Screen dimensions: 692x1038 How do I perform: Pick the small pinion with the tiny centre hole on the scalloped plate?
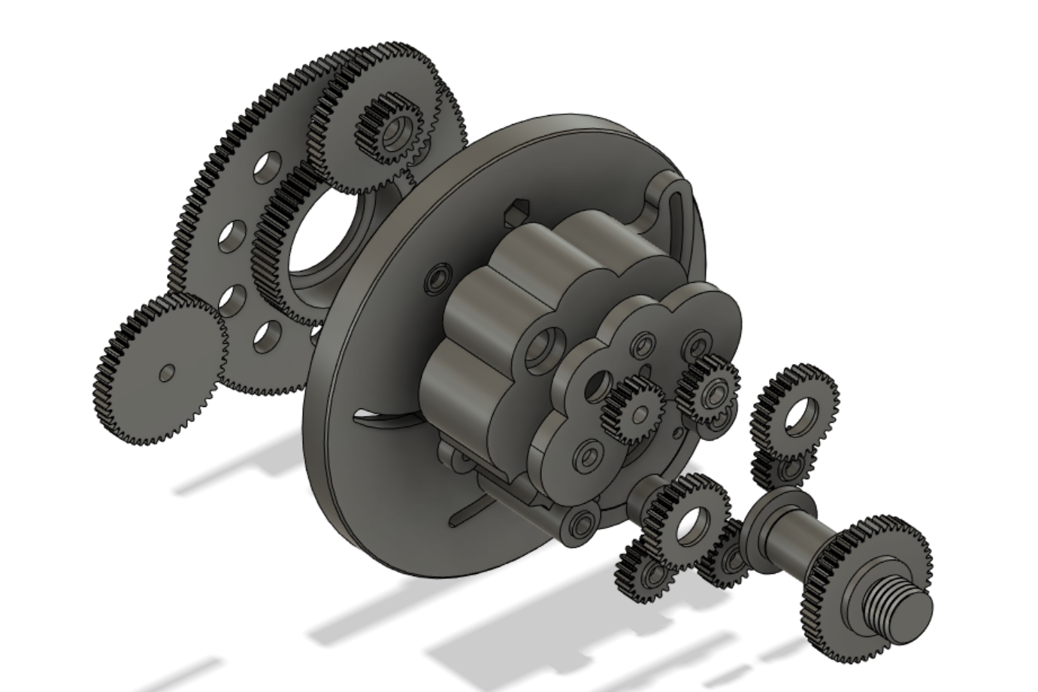point(635,411)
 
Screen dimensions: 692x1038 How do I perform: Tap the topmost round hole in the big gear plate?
point(263,166)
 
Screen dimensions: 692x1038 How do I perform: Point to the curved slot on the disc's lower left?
point(383,416)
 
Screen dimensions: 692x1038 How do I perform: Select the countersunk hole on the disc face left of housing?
point(437,280)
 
